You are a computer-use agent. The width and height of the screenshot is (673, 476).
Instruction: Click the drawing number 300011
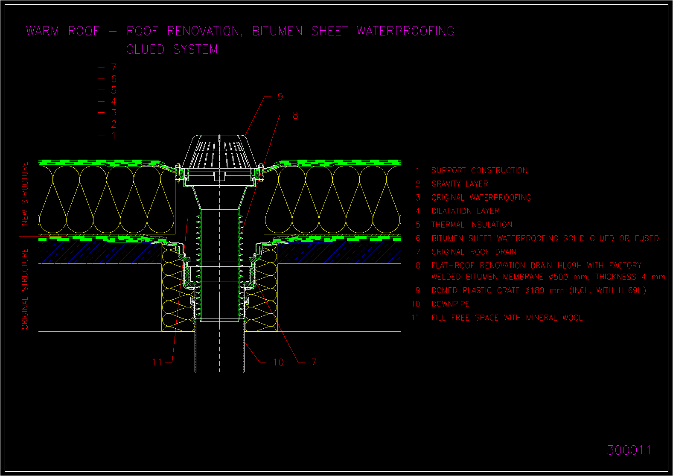(x=629, y=450)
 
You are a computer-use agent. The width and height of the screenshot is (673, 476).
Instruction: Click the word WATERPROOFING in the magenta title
(x=405, y=31)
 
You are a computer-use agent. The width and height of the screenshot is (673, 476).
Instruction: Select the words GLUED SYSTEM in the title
(x=172, y=49)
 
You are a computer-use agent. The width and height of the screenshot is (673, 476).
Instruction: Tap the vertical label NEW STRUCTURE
(x=25, y=194)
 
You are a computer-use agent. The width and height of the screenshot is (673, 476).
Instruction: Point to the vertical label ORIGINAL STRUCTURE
(x=25, y=289)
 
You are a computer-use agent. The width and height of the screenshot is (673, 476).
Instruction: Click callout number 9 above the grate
(x=280, y=96)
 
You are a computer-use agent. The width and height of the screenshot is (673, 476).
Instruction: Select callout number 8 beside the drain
(x=295, y=115)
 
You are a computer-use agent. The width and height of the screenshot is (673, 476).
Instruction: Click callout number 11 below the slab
(x=157, y=362)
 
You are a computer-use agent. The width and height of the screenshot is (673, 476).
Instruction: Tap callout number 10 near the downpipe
(x=279, y=362)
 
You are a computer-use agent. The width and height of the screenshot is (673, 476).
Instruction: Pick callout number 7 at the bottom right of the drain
(x=314, y=362)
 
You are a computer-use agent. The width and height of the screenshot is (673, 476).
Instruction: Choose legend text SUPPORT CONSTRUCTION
(x=480, y=170)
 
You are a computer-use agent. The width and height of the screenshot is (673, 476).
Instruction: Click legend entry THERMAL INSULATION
(x=472, y=225)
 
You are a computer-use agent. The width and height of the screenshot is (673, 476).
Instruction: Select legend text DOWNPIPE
(x=450, y=304)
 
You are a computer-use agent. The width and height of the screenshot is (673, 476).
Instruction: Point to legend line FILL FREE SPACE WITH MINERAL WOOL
(x=507, y=318)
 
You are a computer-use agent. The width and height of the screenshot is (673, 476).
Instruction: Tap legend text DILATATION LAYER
(x=466, y=211)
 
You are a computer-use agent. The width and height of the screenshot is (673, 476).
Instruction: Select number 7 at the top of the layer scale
(x=114, y=67)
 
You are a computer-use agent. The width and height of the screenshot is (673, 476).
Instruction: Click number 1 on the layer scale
(x=114, y=135)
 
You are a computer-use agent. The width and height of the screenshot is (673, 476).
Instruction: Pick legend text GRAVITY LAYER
(x=460, y=184)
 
